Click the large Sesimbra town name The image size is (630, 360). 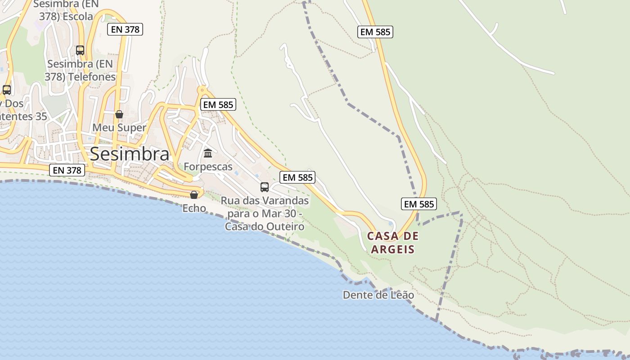coord(130,154)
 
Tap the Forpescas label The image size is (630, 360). coord(208,167)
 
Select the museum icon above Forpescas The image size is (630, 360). coord(208,153)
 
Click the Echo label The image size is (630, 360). coord(194,208)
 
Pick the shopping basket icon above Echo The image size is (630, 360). coord(194,195)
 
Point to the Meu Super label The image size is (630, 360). coord(119,128)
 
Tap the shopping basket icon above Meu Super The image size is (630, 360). coord(119,114)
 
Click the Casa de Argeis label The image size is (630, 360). coord(393,243)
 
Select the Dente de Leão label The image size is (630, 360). coord(378,295)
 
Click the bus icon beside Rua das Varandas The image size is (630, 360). coord(265,187)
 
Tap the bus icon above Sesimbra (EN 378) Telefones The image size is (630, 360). coord(80,50)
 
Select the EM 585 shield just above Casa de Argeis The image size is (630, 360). coord(419,204)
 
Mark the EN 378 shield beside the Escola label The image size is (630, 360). coord(125,30)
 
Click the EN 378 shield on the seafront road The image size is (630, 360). coord(67,170)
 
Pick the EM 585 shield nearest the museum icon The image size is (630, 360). coord(218,105)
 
